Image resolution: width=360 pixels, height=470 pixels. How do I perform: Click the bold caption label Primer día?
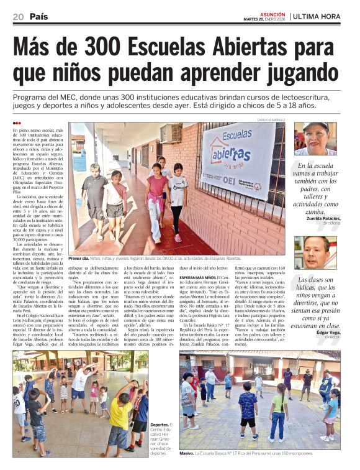click(x=78, y=258)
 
